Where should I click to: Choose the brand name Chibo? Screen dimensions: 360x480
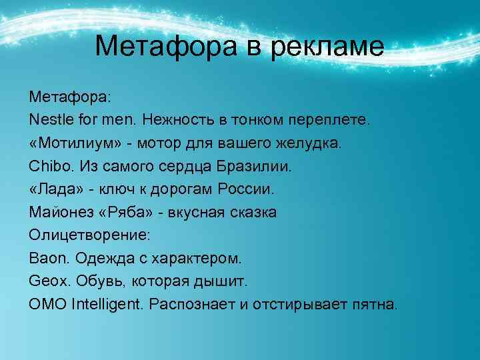(48, 166)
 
